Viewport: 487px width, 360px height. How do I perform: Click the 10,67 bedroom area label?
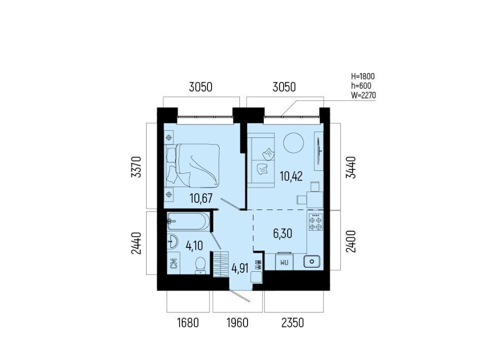[x=201, y=198]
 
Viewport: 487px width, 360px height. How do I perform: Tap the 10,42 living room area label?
[x=291, y=176]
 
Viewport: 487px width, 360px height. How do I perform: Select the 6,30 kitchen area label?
[x=283, y=233]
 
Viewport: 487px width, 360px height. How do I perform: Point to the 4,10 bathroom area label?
[x=194, y=245]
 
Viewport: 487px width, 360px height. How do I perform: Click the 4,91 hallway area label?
[x=240, y=268]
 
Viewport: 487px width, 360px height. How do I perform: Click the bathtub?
[x=188, y=221]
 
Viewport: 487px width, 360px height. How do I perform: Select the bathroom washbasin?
[x=172, y=241]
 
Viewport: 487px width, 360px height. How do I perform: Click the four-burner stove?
[x=316, y=222]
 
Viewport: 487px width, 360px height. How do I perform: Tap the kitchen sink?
[x=311, y=261]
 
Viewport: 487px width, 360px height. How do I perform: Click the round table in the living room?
[x=294, y=143]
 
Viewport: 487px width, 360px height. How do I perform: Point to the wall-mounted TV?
[x=319, y=151]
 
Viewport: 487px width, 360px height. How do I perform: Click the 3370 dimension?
[x=136, y=167]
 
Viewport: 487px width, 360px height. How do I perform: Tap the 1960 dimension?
[x=237, y=323]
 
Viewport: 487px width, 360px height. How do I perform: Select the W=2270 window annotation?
[x=363, y=95]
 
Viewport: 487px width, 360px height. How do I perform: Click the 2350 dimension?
[x=293, y=323]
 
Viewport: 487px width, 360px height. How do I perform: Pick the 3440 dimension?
[x=351, y=167]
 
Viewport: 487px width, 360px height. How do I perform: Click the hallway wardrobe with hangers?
[x=221, y=264]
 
